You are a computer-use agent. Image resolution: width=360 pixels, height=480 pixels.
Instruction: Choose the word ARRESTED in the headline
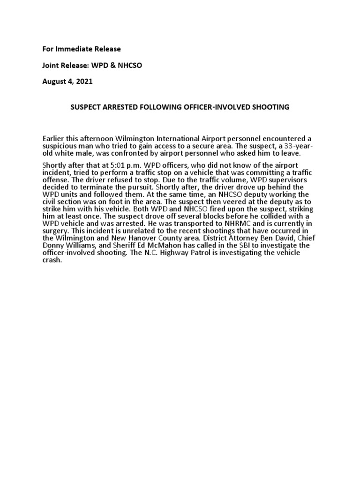(116, 107)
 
